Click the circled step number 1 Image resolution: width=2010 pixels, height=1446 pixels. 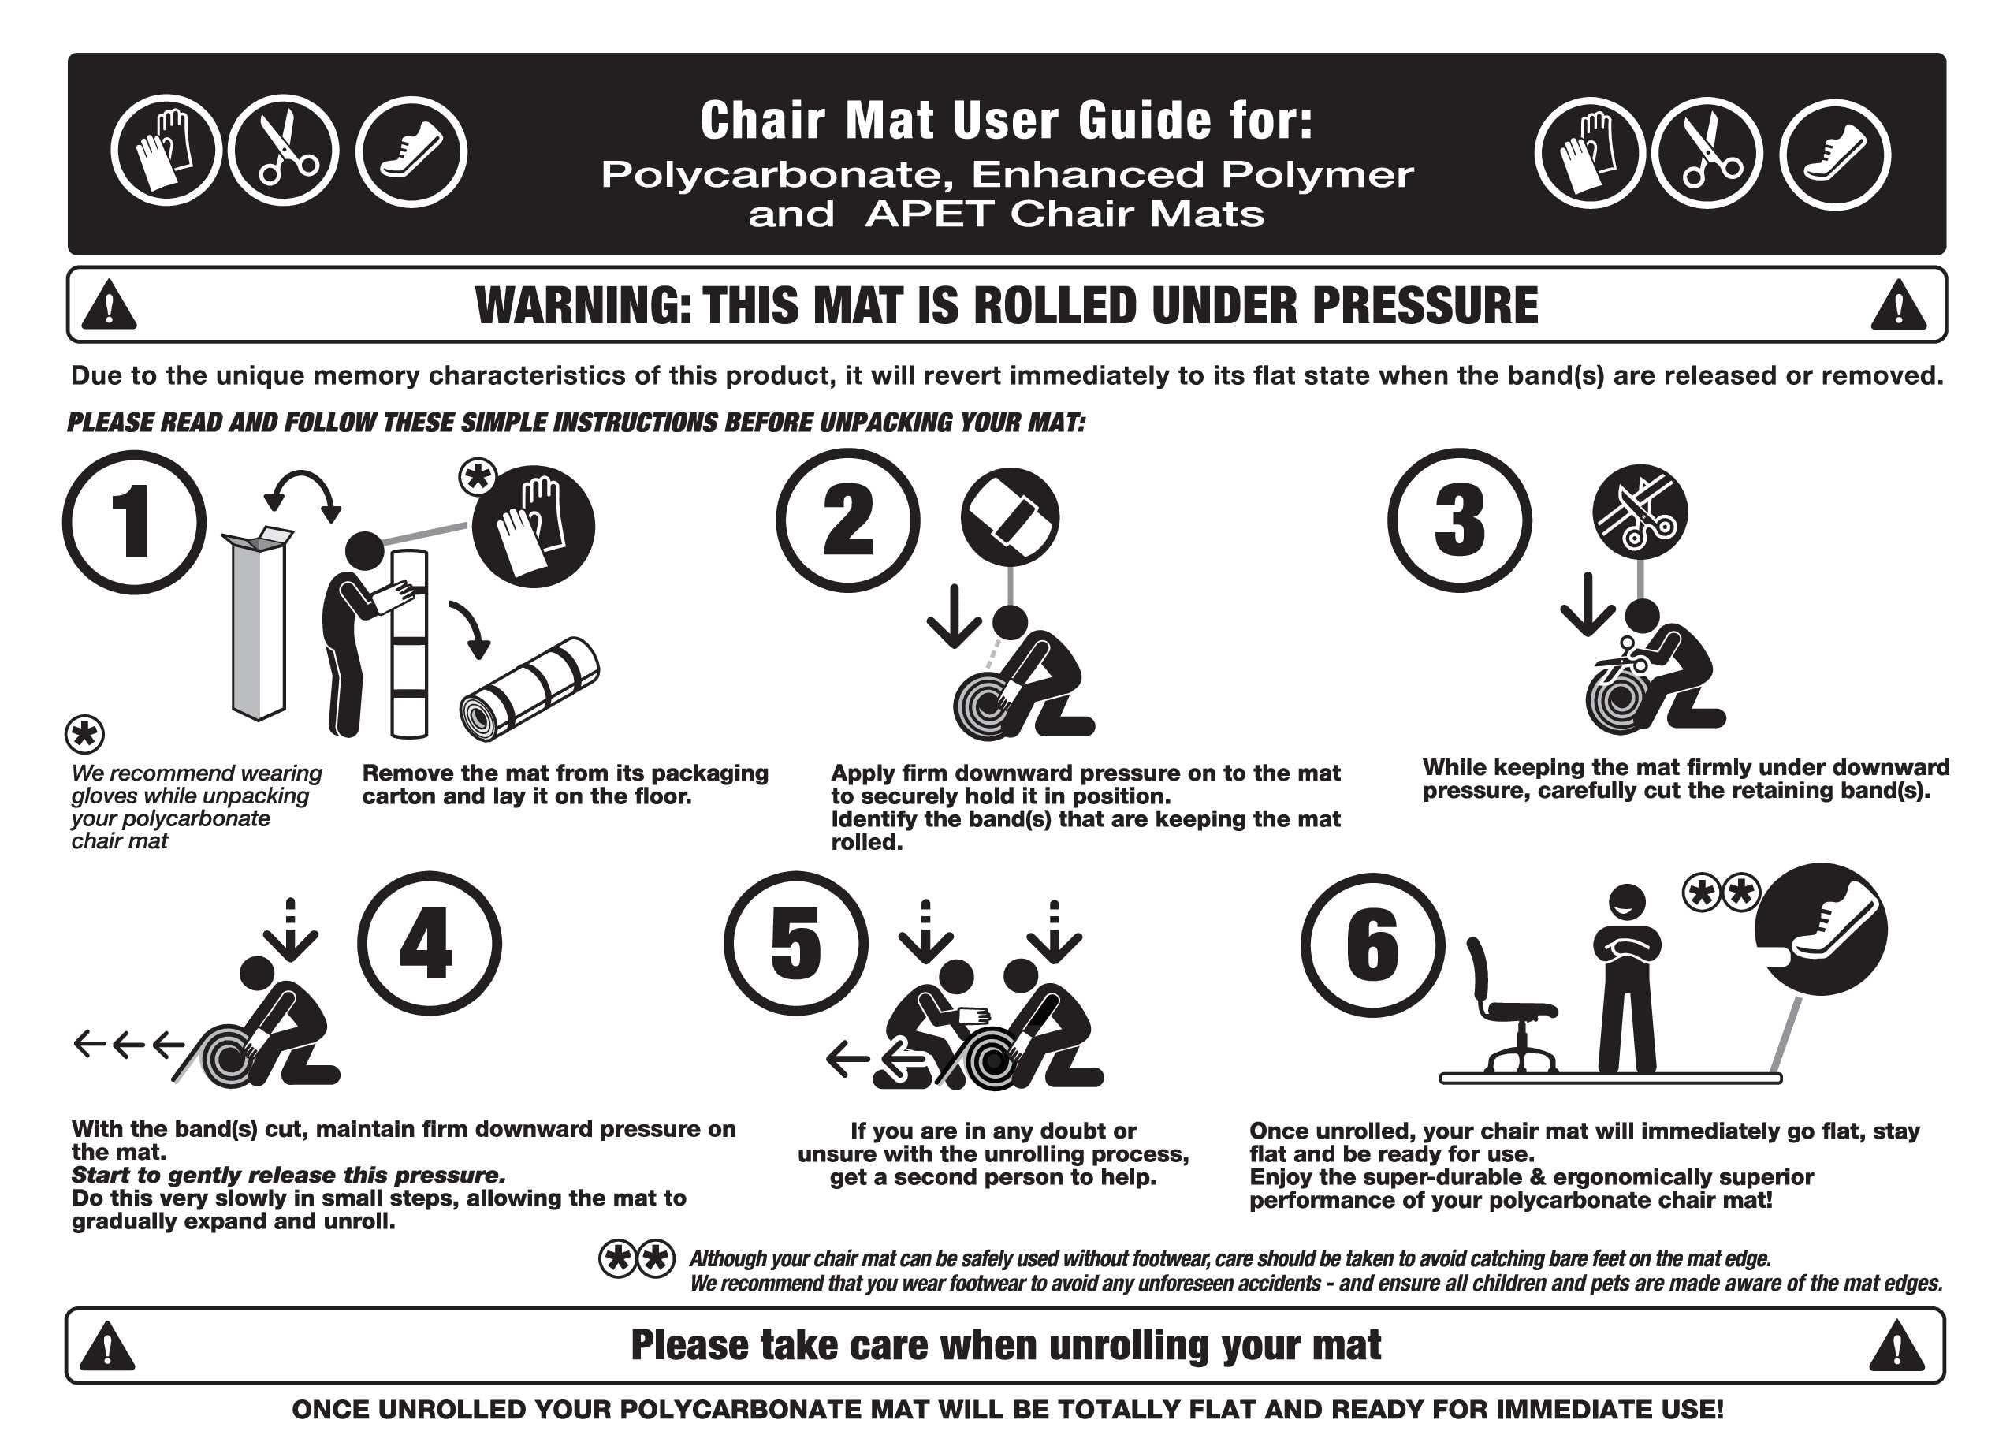pos(134,522)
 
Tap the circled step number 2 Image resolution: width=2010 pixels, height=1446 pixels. pos(847,520)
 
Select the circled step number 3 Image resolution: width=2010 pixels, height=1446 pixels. pos(1459,520)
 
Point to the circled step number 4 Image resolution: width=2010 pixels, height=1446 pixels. pos(429,943)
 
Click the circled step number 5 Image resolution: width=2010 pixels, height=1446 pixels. pos(796,943)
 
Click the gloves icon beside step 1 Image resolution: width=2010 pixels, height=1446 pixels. pos(533,527)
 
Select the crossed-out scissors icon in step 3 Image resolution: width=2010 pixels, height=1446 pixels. pos(1640,512)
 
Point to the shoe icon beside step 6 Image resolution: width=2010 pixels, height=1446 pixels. pos(1822,929)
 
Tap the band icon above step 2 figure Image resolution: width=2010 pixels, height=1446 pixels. pos(1011,518)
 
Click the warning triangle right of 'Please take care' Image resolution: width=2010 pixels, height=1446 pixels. pos(1896,1345)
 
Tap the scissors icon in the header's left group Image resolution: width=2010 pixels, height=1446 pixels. pos(283,150)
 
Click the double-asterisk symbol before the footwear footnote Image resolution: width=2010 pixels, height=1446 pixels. pos(636,1259)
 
